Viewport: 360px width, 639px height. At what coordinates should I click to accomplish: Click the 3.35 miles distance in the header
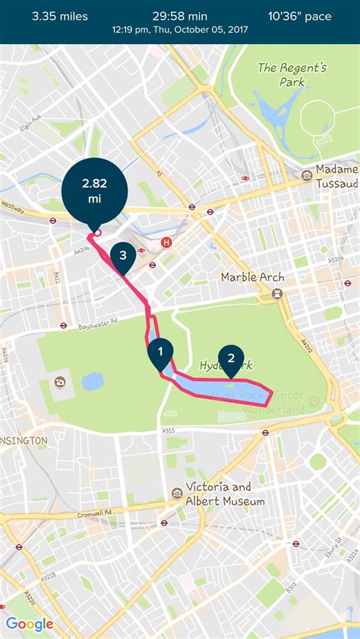point(60,16)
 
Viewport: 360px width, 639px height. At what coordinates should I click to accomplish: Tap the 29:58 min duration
point(179,16)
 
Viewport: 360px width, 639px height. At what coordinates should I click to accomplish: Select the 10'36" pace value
point(300,16)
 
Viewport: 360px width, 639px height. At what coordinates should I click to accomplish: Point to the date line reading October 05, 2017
point(179,30)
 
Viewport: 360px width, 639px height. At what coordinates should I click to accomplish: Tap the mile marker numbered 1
point(159,351)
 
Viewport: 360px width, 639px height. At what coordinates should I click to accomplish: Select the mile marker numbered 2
point(231,358)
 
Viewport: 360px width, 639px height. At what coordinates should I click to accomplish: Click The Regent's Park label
point(292,74)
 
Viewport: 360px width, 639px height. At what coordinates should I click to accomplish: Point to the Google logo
point(30,624)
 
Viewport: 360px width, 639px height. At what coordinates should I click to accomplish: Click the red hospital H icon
point(166,243)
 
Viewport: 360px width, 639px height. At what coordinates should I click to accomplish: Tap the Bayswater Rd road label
point(99,326)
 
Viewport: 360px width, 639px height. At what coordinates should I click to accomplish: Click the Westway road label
point(12,205)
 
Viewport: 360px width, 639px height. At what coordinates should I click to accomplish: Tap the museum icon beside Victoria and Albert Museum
point(177,493)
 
